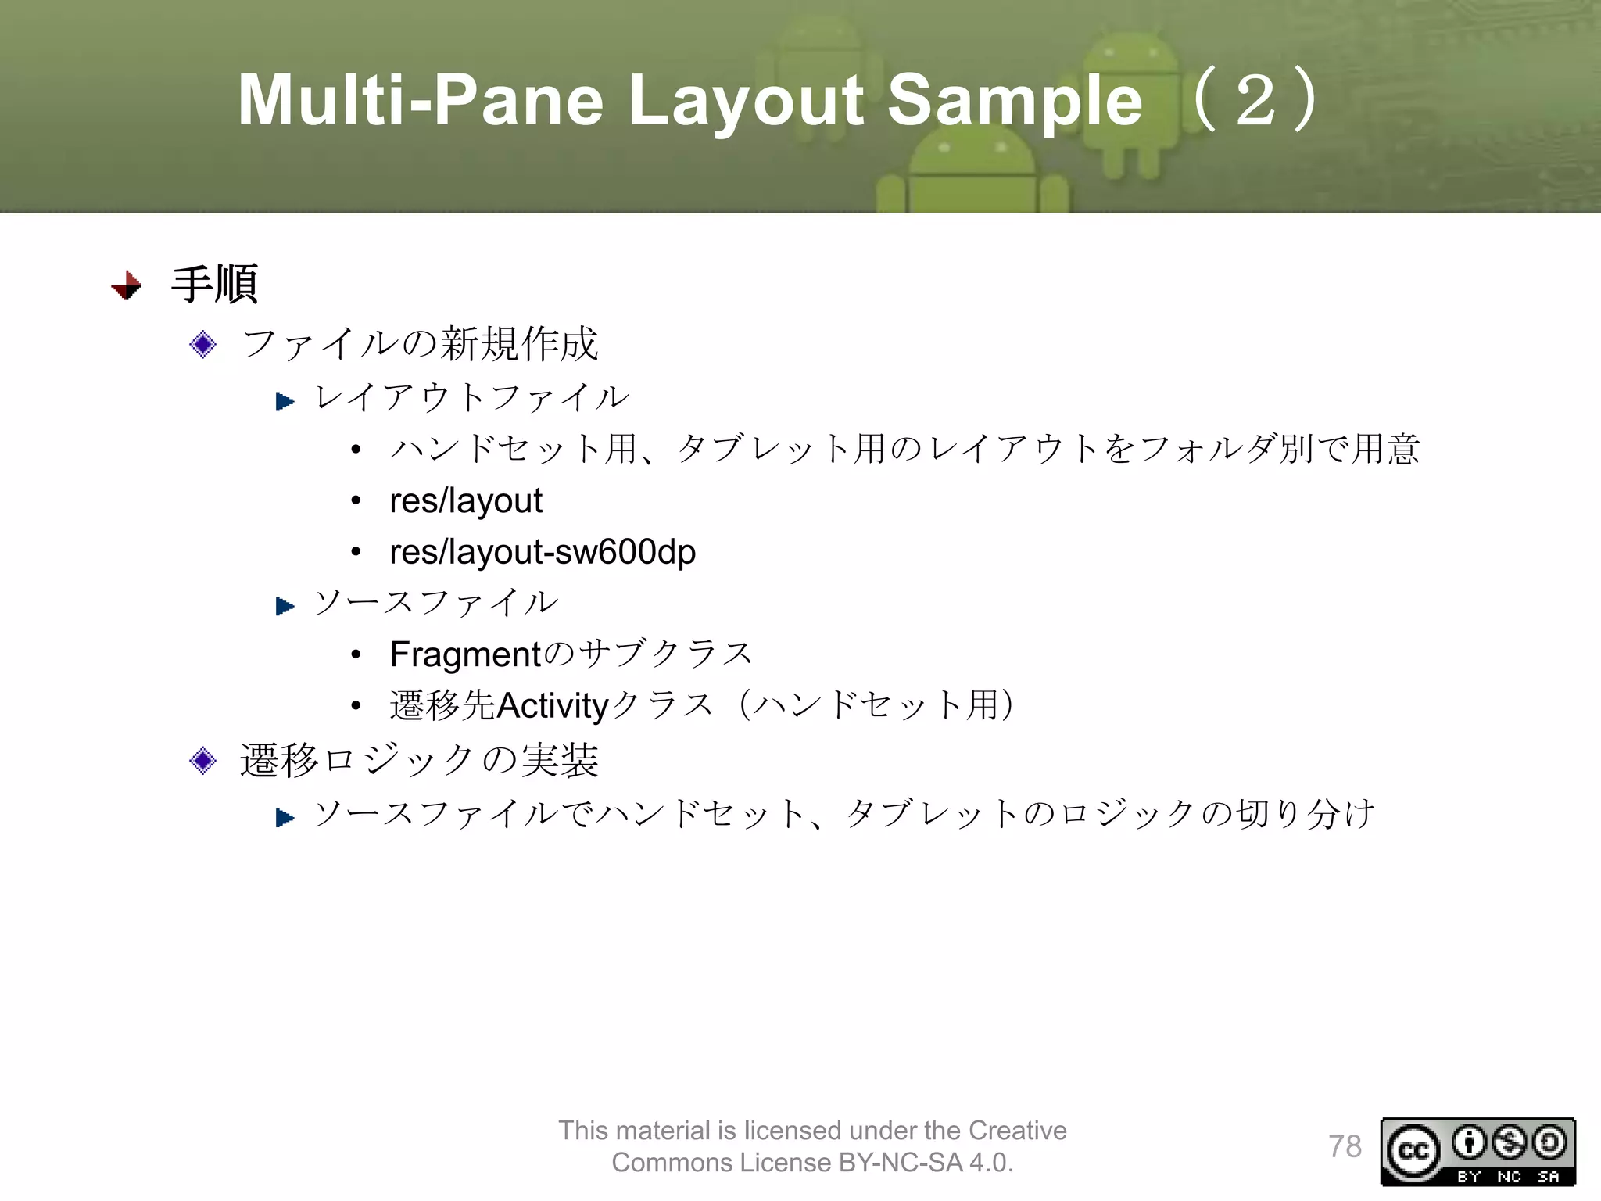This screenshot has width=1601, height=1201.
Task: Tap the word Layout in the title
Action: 747,101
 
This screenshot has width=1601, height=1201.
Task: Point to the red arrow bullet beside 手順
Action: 127,285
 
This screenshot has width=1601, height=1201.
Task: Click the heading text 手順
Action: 214,284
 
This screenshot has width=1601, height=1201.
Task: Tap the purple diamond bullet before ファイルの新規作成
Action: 203,344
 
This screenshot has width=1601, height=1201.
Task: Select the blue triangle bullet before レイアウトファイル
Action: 285,402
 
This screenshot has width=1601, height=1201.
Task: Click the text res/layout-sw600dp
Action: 543,552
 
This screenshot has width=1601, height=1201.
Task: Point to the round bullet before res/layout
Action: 356,501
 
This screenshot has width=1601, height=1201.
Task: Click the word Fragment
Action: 465,654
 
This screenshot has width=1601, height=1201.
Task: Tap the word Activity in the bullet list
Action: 553,705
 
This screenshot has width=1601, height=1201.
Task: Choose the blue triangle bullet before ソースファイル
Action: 285,606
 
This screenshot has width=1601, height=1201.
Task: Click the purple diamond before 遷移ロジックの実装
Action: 203,760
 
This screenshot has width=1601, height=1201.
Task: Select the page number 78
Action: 1345,1146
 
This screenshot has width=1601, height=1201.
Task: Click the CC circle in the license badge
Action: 1413,1151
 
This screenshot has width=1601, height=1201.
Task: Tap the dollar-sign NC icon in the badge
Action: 1509,1142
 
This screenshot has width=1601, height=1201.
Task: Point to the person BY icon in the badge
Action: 1469,1142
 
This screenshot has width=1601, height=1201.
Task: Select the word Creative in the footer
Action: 1017,1131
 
